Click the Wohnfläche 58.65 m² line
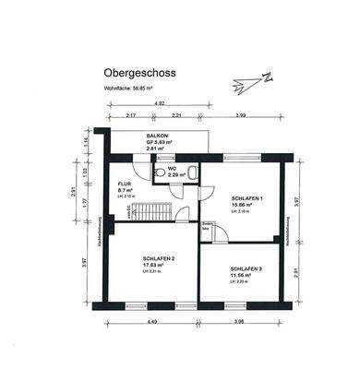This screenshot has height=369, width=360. [x=115, y=89]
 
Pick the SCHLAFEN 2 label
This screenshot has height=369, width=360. [x=161, y=257]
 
